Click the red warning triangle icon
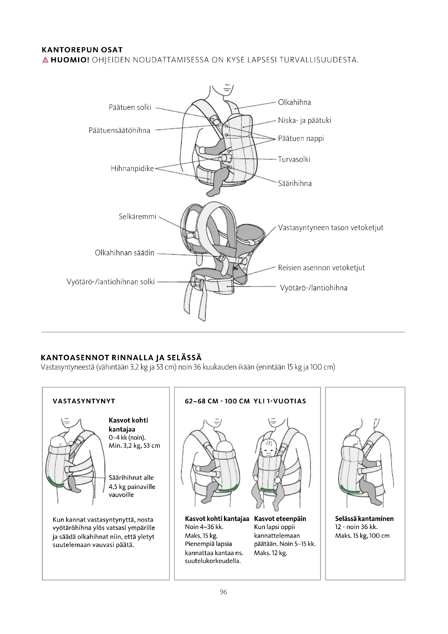(x=46, y=60)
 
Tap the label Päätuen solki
(x=130, y=107)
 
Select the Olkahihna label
(x=294, y=102)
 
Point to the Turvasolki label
(x=294, y=159)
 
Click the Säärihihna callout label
(x=295, y=184)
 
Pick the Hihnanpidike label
(x=132, y=168)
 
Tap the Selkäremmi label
(x=137, y=217)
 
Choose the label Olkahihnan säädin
(x=124, y=253)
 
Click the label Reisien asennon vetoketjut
(x=322, y=268)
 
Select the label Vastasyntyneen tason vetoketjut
(x=330, y=228)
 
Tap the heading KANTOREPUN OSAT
(x=82, y=50)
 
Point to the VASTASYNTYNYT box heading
(x=84, y=401)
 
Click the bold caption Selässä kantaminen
(x=364, y=519)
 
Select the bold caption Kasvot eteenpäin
(x=280, y=519)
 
